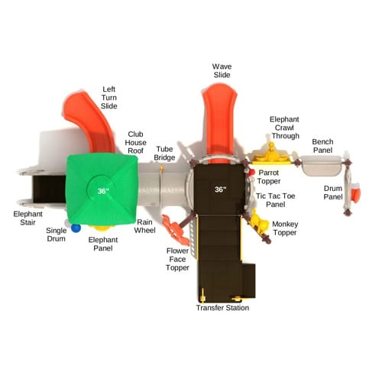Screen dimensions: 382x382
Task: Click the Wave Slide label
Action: pos(222,70)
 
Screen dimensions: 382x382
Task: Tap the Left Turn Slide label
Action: pos(109,98)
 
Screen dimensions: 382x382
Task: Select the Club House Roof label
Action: pos(135,142)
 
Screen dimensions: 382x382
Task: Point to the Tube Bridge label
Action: pos(164,154)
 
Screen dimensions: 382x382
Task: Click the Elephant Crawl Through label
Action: pos(284,128)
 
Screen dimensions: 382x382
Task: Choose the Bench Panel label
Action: pos(322,146)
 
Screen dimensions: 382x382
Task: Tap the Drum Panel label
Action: pos(333,193)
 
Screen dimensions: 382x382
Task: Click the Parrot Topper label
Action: pos(269,176)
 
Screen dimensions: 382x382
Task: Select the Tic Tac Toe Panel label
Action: pos(276,200)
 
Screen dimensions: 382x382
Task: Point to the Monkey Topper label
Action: pos(285,228)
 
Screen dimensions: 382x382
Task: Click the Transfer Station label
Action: pos(222,308)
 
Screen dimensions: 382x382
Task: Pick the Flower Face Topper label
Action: pos(177,259)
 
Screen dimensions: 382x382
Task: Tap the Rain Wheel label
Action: pos(144,226)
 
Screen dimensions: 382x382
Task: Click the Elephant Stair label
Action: pos(28,219)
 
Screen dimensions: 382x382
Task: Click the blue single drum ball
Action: pos(76,228)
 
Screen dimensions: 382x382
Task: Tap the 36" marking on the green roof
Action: pos(103,191)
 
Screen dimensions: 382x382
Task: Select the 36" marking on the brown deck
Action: pos(220,189)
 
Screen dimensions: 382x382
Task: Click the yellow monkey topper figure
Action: pos(259,224)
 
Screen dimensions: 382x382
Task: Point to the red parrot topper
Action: pos(251,173)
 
